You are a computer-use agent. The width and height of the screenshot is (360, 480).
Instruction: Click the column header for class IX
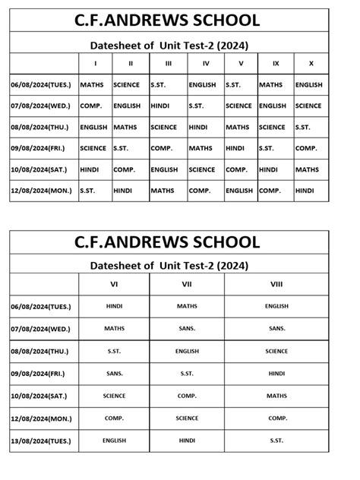pos(273,63)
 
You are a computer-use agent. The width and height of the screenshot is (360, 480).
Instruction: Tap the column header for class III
pos(168,63)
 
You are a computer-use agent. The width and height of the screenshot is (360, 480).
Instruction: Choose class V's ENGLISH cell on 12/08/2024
pos(239,191)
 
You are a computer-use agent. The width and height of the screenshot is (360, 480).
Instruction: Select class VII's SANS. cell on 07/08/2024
pos(187,328)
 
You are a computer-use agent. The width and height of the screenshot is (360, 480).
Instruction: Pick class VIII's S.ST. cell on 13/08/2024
pos(276,440)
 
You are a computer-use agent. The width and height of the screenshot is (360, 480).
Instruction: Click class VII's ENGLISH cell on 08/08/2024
pos(187,351)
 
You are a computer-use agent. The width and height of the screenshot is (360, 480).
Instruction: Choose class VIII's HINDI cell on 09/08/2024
pos(276,373)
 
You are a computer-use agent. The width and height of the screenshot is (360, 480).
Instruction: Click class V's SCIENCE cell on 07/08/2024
pos(238,106)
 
